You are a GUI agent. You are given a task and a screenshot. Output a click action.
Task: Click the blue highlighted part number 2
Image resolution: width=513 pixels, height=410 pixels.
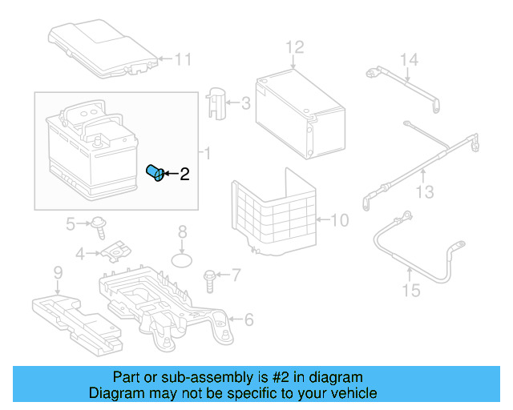coord(156,173)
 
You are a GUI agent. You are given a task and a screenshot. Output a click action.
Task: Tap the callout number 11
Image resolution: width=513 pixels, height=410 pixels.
coord(184,58)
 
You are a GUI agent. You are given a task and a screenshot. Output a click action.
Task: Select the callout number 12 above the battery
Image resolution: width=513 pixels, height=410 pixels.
coord(295,46)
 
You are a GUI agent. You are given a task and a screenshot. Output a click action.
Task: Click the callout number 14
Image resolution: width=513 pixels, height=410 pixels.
coord(409,60)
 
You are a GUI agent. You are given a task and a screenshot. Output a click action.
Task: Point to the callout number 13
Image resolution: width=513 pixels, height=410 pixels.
coord(425,192)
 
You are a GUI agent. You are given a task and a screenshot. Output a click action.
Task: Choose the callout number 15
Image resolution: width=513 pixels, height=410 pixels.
coord(410,291)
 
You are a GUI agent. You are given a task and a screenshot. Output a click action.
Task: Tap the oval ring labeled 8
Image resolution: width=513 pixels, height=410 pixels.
coord(184,260)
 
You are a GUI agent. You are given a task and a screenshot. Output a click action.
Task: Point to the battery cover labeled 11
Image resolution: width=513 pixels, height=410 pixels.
coord(100,48)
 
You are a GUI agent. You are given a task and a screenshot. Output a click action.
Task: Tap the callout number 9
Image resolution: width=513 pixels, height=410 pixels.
coord(58,274)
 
